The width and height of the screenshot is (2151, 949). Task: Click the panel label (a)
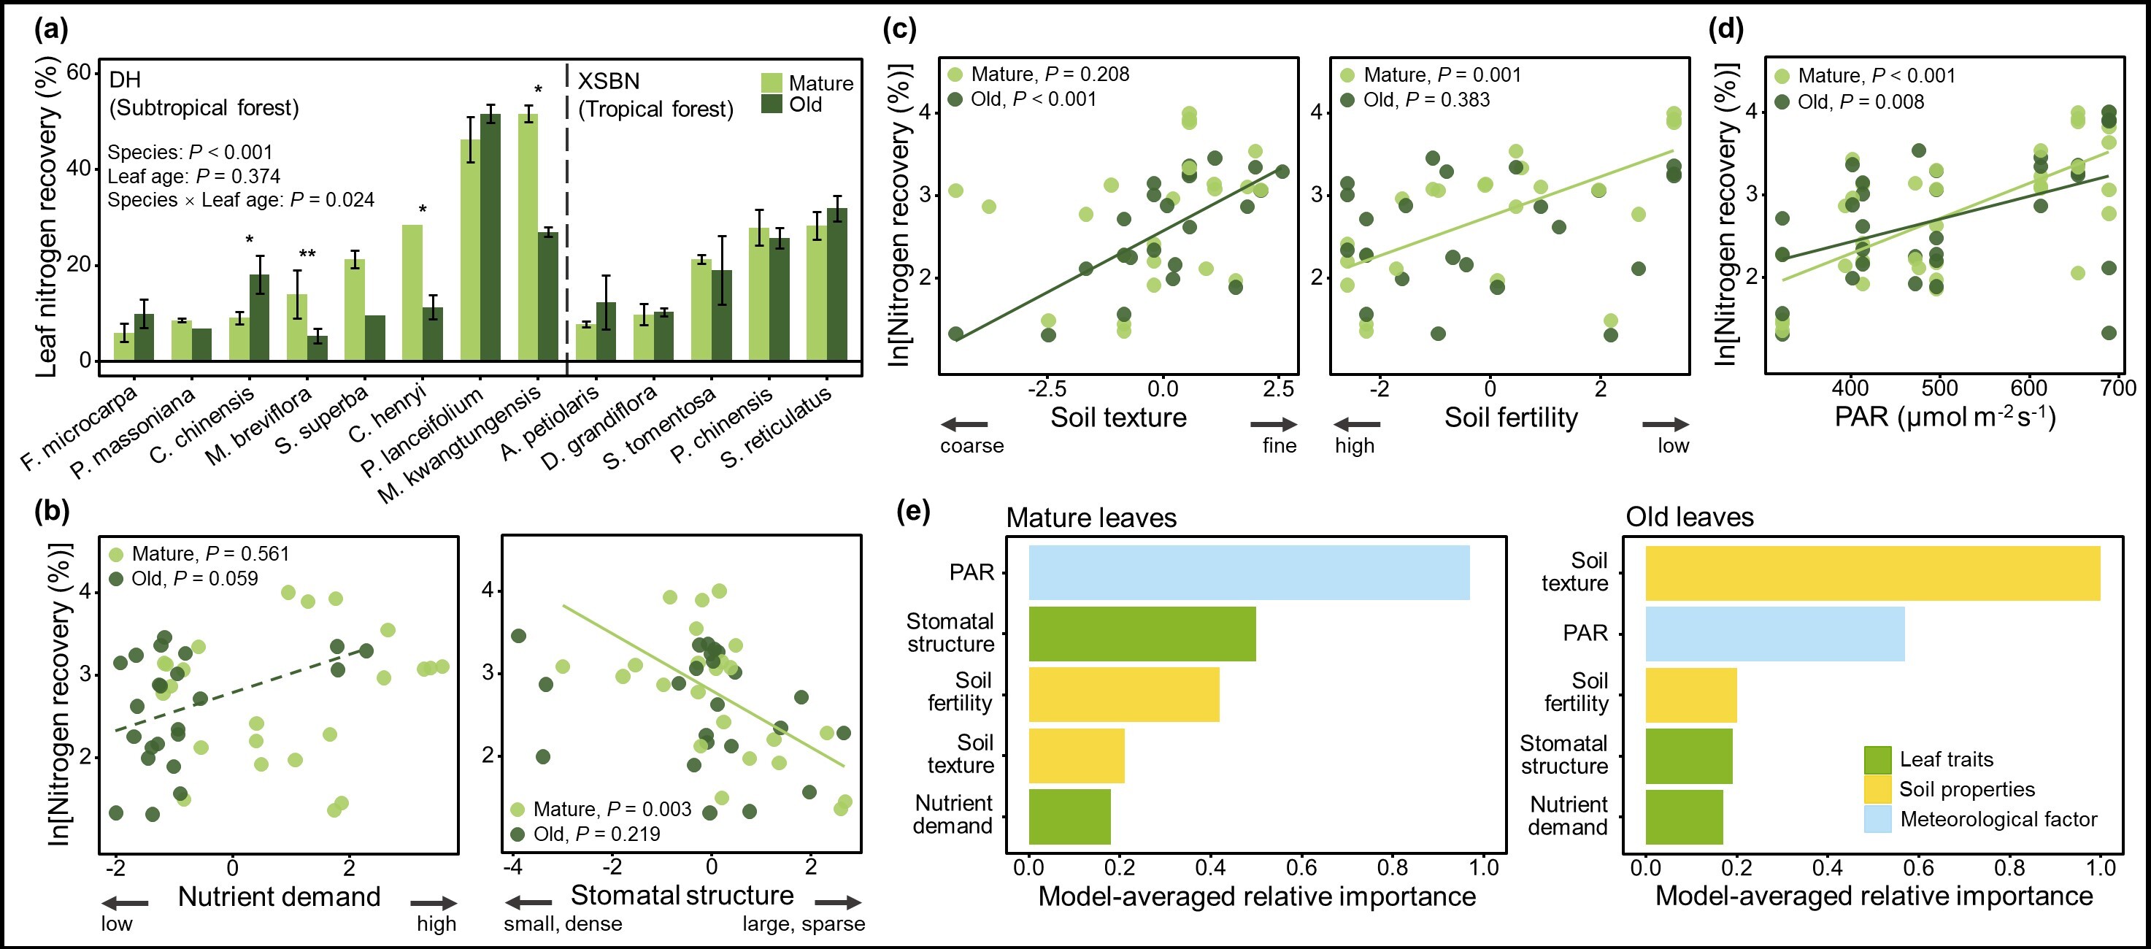[x=51, y=30]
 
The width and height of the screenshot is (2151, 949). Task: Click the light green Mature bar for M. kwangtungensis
[x=528, y=238]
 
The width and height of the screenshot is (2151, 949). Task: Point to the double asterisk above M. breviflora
[x=307, y=254]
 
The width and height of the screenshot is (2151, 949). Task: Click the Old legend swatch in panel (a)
[x=771, y=104]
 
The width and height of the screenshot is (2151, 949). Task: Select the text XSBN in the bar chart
[x=609, y=81]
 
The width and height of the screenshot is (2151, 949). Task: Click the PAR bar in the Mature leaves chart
[x=1248, y=573]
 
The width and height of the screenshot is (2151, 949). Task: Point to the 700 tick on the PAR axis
[x=2117, y=388]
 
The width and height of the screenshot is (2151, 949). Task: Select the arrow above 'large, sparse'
[x=837, y=902]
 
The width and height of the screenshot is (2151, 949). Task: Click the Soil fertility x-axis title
[x=1511, y=418]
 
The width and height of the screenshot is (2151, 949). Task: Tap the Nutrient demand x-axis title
[x=279, y=897]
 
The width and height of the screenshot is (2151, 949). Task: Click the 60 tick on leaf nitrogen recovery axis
[x=79, y=73]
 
